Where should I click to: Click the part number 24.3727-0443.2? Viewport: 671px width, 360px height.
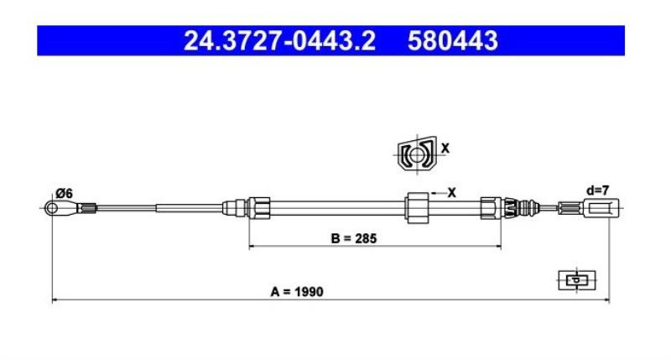pyautogui.click(x=279, y=40)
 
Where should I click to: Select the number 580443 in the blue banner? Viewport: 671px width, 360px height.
pyautogui.click(x=453, y=40)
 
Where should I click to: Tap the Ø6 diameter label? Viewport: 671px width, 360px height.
pyautogui.click(x=65, y=194)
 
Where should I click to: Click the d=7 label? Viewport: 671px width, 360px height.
pyautogui.click(x=597, y=190)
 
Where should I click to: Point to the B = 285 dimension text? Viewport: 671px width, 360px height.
pyautogui.click(x=354, y=238)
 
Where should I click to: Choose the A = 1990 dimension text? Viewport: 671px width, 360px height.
pyautogui.click(x=297, y=292)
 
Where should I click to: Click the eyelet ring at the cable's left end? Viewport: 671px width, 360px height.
pyautogui.click(x=52, y=208)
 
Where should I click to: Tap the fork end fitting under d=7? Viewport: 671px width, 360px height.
pyautogui.click(x=601, y=208)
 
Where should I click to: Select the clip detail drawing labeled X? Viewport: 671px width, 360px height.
pyautogui.click(x=417, y=154)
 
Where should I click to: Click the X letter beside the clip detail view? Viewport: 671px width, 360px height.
pyautogui.click(x=445, y=149)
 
